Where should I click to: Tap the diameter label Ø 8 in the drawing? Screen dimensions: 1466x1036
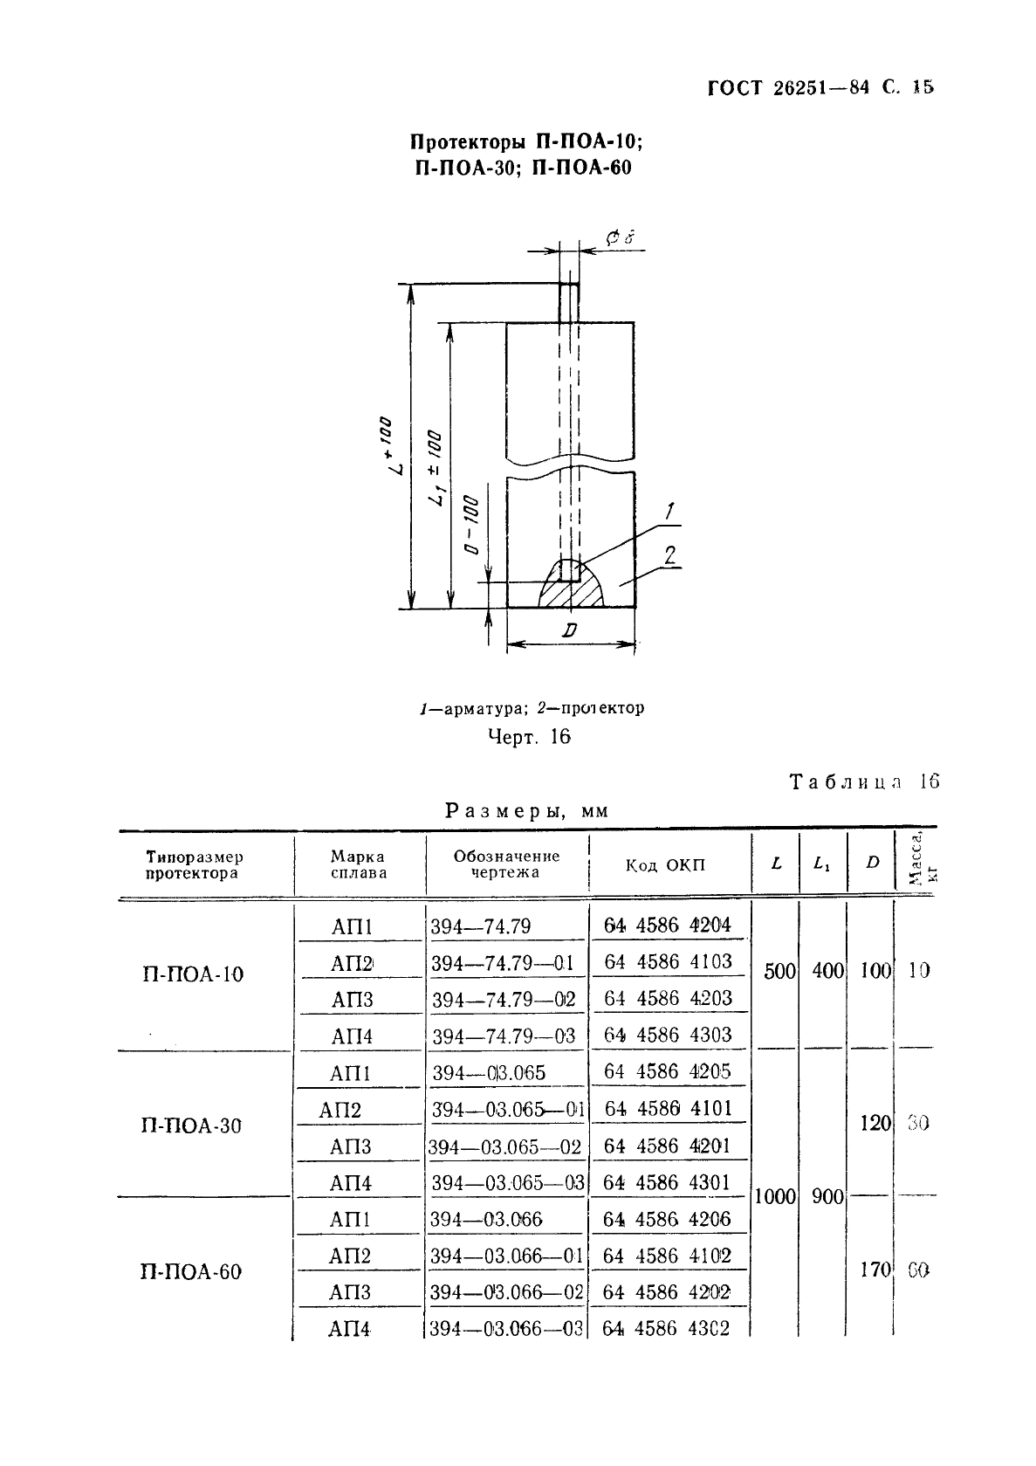pos(620,237)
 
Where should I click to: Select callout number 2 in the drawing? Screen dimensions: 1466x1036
pos(670,555)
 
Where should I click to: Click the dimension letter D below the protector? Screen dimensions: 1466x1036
pos(569,630)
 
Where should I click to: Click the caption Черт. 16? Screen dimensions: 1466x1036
pos(529,737)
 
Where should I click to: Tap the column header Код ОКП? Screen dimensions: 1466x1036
pos(665,865)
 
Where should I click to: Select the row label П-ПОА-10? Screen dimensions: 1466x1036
pos(193,974)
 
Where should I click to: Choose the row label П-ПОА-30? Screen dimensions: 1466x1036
pos(191,1125)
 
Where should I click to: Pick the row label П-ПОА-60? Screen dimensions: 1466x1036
pos(190,1272)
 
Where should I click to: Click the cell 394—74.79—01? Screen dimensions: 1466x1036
pos(504,964)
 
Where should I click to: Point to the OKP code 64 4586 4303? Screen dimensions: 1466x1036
pos(668,1036)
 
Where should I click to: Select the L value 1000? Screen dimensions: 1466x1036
pos(775,1197)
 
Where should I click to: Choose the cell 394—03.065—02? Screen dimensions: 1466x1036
pos(504,1147)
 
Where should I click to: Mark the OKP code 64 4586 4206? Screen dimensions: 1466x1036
pos(667,1220)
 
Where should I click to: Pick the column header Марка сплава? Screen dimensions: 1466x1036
pos(359,864)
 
